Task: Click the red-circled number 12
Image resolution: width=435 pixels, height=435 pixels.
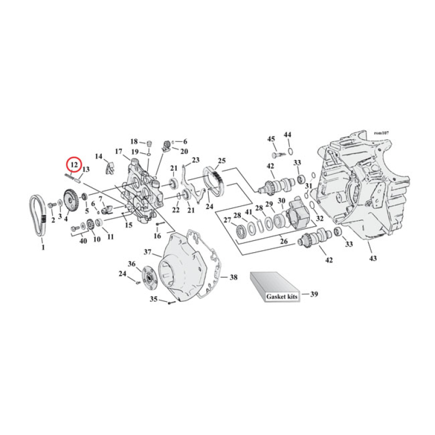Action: click(74, 164)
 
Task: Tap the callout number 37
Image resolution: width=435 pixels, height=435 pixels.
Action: click(147, 252)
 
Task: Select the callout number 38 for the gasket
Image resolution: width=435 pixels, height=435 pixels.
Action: click(233, 277)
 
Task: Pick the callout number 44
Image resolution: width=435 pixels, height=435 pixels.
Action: click(288, 134)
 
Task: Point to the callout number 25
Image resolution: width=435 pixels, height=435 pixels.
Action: click(221, 160)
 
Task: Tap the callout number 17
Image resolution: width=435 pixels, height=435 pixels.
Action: click(119, 151)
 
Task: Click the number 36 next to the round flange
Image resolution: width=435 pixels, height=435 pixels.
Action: click(132, 264)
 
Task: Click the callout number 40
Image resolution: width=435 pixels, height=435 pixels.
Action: click(83, 241)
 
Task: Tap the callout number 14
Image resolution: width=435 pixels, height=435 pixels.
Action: click(98, 157)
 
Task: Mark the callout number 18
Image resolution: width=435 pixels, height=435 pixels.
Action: click(133, 141)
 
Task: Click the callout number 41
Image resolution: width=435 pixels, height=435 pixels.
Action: click(247, 212)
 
